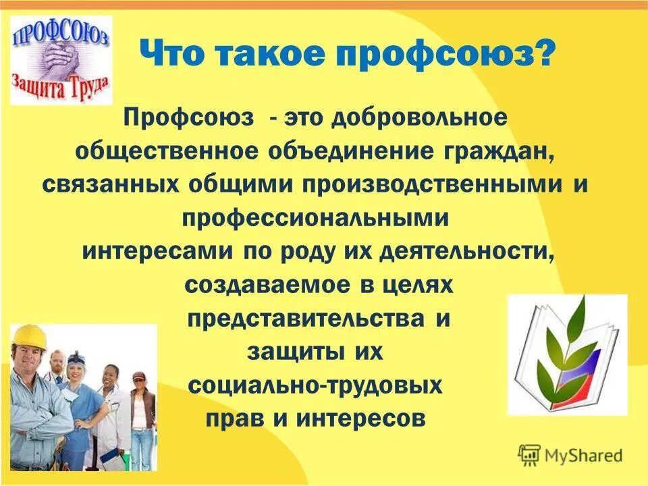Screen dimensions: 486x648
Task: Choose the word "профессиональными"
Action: pyautogui.click(x=316, y=218)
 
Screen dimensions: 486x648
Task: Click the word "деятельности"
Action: pyautogui.click(x=466, y=251)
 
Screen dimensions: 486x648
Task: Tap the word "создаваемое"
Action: pyautogui.click(x=262, y=284)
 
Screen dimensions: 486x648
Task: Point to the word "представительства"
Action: pyautogui.click(x=302, y=317)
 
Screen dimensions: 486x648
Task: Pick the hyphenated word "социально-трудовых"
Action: pyautogui.click(x=315, y=385)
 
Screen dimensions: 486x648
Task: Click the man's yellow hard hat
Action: pyautogui.click(x=29, y=336)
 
